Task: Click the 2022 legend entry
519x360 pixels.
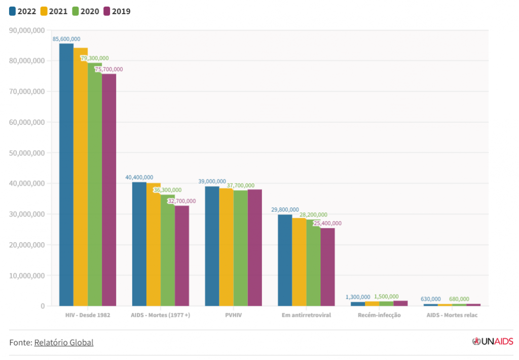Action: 23,11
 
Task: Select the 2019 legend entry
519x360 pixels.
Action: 117,11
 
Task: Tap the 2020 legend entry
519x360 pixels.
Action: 85,11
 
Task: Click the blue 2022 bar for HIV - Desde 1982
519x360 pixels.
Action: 66,175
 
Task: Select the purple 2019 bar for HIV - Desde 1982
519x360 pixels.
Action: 109,190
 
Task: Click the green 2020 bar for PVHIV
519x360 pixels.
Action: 240,248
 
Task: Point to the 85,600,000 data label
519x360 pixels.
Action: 66,39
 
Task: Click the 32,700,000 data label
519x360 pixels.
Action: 182,201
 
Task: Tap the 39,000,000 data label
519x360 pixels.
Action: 212,182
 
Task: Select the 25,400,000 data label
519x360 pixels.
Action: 327,223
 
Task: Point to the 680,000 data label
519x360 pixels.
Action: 459,299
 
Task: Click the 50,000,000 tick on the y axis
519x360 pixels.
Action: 27,153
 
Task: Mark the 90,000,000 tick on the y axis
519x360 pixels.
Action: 27,30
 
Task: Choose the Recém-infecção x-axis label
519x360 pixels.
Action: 379,315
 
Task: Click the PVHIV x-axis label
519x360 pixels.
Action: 233,315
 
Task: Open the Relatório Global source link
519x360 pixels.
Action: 64,342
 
